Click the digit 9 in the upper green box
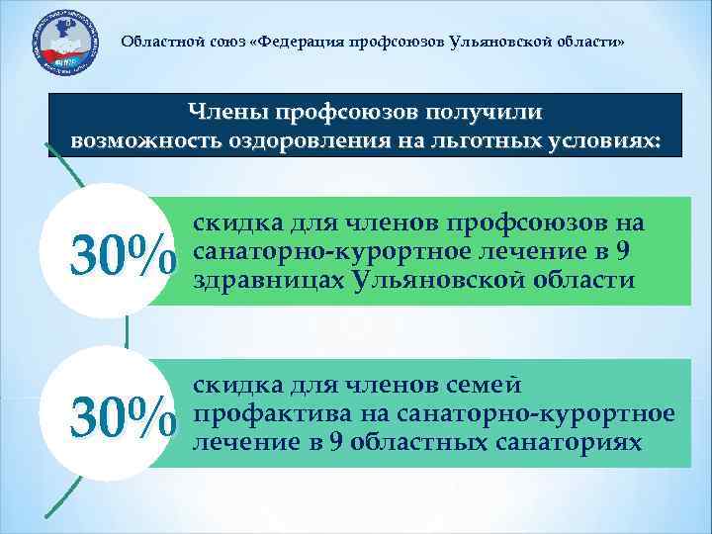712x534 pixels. [621, 251]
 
